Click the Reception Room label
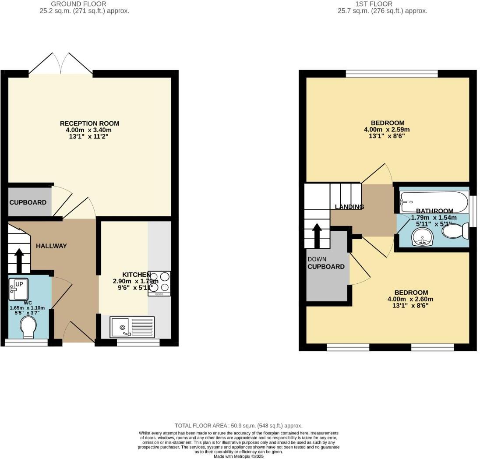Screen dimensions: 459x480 (x=89, y=124)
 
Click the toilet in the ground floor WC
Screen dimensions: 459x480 (x=28, y=327)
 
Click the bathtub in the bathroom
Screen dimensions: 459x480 (x=434, y=201)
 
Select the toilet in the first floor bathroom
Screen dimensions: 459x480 (x=455, y=230)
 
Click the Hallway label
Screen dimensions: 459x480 (x=51, y=246)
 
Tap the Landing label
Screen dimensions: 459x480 (x=349, y=207)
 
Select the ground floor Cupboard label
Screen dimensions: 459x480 (x=28, y=203)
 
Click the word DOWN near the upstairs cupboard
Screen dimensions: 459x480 (x=317, y=259)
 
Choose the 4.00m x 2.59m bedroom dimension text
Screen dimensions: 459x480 (x=387, y=130)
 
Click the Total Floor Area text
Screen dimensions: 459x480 (x=238, y=425)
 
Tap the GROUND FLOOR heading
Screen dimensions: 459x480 (x=84, y=4)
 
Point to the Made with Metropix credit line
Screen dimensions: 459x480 (x=239, y=456)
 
